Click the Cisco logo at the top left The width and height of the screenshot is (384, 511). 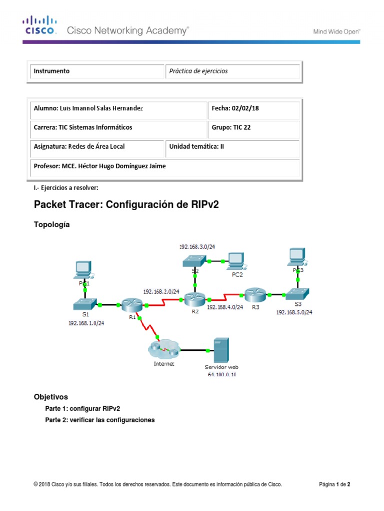40,26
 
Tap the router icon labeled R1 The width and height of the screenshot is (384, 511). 131,304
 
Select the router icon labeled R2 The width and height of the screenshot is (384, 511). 194,299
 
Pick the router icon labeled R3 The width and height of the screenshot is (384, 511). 254,294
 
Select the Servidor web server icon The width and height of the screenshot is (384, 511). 221,350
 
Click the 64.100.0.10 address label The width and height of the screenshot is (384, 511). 222,374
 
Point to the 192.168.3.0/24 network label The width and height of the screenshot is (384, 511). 197,247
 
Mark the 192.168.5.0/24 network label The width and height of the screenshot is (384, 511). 294,312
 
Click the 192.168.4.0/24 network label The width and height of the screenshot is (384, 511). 224,307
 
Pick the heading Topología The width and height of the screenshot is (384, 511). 52,225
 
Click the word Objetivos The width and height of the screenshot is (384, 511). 51,397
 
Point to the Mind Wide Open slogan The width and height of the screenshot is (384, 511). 337,31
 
